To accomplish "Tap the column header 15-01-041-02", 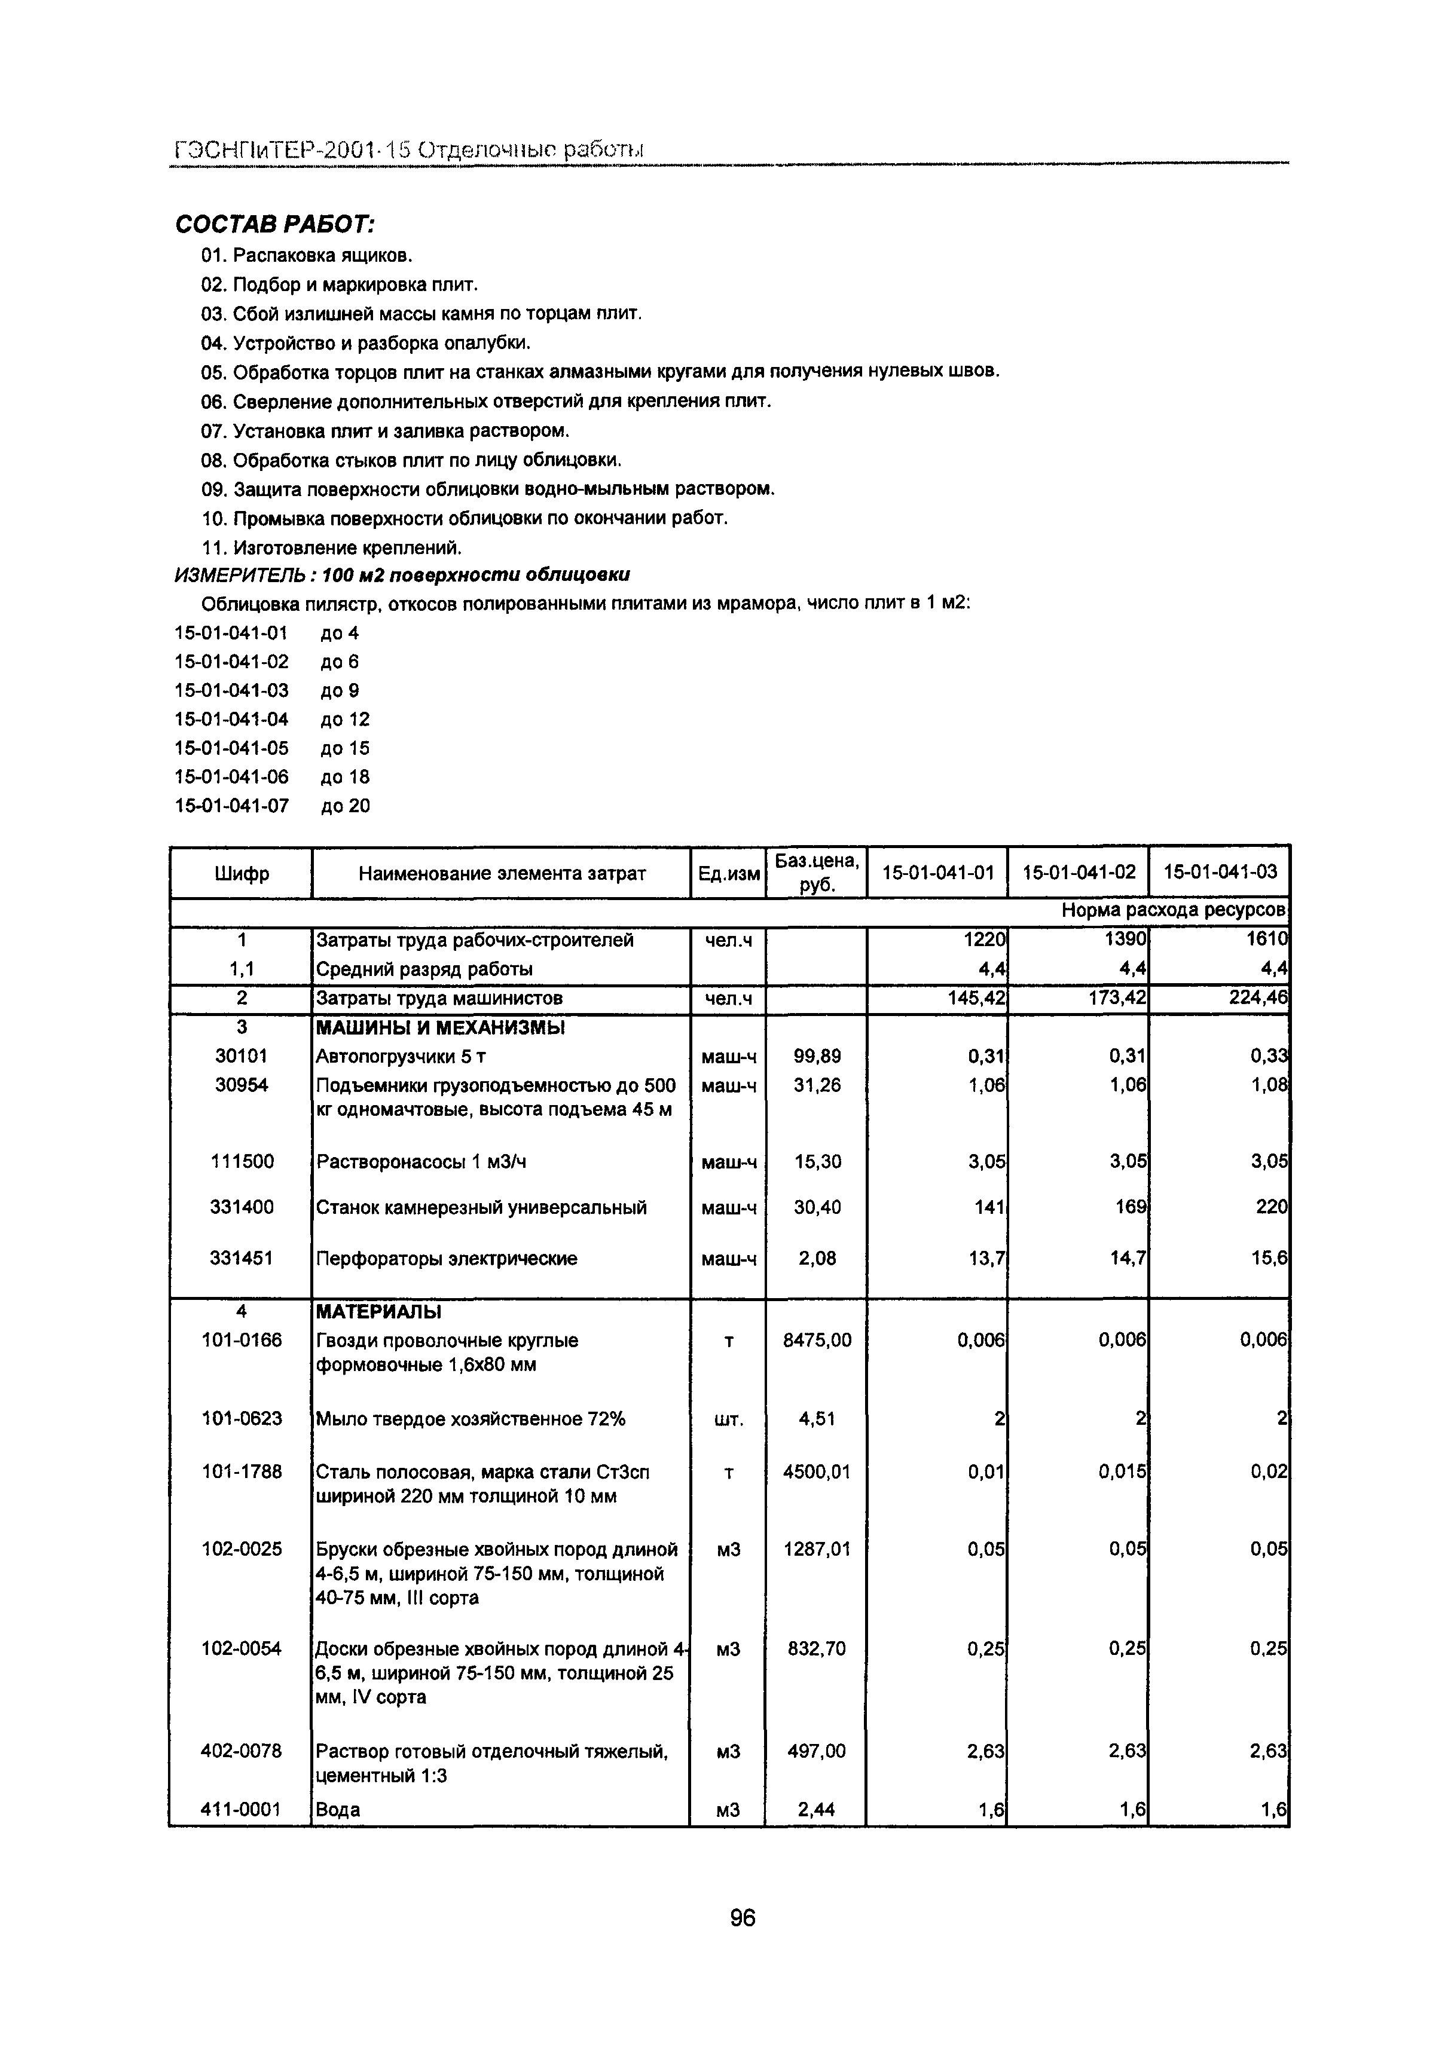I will pos(1079,872).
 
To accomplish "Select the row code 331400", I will pos(241,1207).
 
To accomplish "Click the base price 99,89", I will pos(816,1057).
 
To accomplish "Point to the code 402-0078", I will pos(241,1751).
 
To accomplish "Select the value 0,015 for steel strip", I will pos(1123,1471).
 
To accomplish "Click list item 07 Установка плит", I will pos(385,431).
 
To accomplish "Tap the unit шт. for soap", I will pos(728,1419).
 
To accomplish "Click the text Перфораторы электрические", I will pos(446,1258).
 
